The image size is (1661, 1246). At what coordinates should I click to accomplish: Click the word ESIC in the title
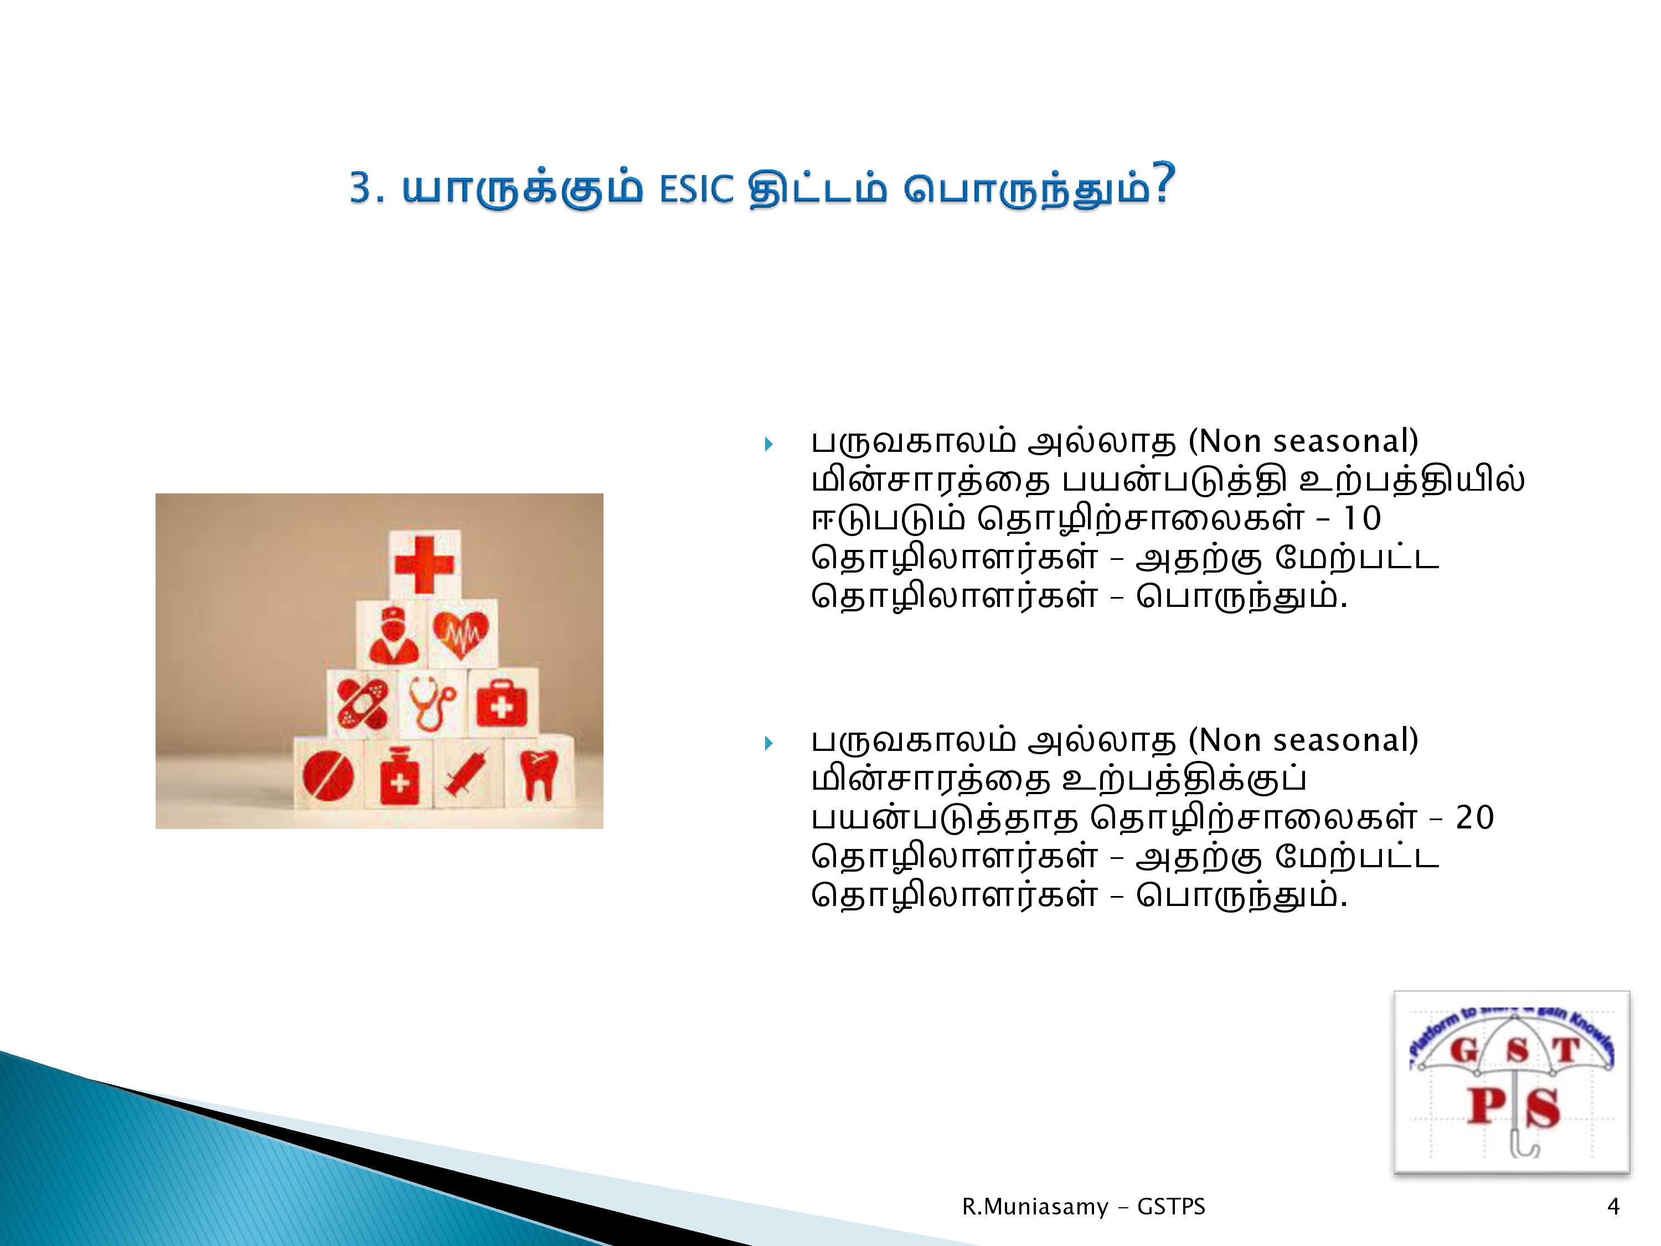[x=696, y=189]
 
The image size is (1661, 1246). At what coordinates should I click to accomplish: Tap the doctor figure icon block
[x=391, y=635]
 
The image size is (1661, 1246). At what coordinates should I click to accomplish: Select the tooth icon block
[x=538, y=774]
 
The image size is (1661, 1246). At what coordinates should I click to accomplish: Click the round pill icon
[x=328, y=775]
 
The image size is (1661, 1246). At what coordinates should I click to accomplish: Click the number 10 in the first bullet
[x=1361, y=519]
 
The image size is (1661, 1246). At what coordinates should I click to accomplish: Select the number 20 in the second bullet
[x=1475, y=818]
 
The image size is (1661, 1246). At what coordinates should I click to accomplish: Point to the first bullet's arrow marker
[x=768, y=445]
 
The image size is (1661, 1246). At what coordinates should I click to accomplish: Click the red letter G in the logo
[x=1463, y=1051]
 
